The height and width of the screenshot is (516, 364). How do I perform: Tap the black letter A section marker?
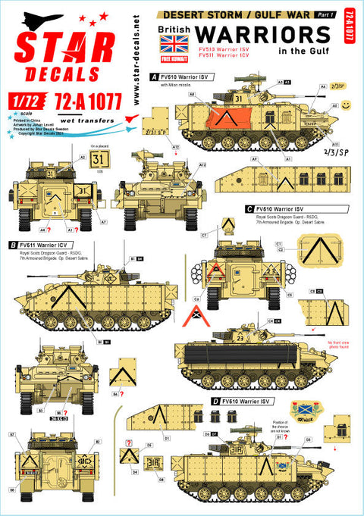pos(155,77)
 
